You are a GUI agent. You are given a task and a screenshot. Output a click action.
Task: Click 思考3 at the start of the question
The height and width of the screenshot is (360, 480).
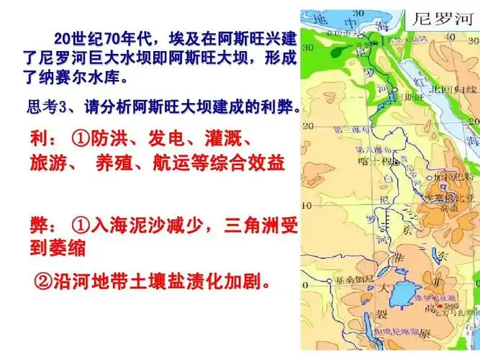click(x=46, y=107)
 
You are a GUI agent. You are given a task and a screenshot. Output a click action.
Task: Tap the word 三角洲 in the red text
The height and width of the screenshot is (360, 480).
click(x=248, y=225)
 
